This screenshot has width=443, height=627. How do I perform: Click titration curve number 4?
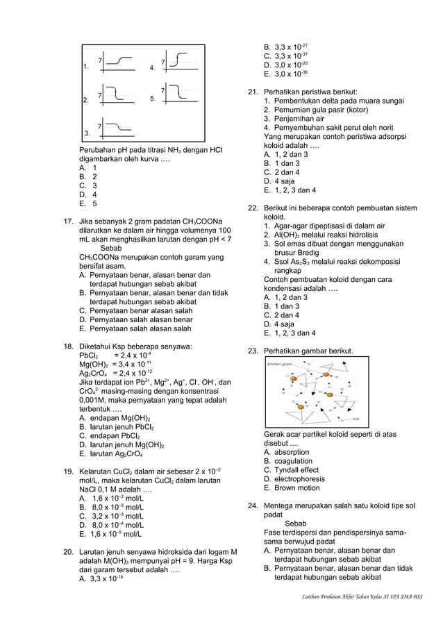tap(179, 63)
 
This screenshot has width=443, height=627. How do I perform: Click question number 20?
tap(69, 553)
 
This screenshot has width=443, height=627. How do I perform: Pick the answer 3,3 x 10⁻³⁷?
tap(286, 56)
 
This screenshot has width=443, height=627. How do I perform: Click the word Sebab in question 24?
tap(296, 524)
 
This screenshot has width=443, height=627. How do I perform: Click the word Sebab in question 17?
tap(111, 248)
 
